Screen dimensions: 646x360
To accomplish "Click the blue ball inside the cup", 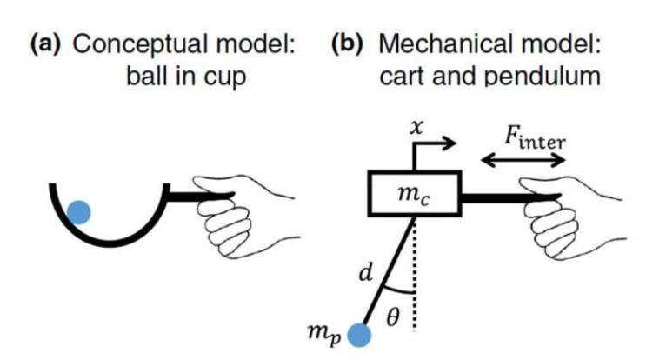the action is [79, 212].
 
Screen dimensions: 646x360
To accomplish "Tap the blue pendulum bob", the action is [359, 335].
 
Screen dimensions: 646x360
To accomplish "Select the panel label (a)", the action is [45, 43].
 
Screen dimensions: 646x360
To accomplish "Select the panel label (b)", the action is [347, 43].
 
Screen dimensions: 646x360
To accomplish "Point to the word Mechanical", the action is [447, 43].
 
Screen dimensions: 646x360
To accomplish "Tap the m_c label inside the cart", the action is [414, 194].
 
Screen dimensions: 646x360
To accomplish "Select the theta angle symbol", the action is [394, 317].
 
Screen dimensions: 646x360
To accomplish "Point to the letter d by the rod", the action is [366, 272].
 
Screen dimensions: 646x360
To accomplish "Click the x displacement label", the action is [417, 128].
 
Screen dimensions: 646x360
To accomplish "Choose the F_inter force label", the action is [536, 139].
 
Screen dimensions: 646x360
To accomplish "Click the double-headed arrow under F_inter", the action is [523, 159].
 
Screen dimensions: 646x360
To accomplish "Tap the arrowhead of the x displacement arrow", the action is [450, 143].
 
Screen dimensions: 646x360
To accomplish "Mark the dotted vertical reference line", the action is [415, 273].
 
